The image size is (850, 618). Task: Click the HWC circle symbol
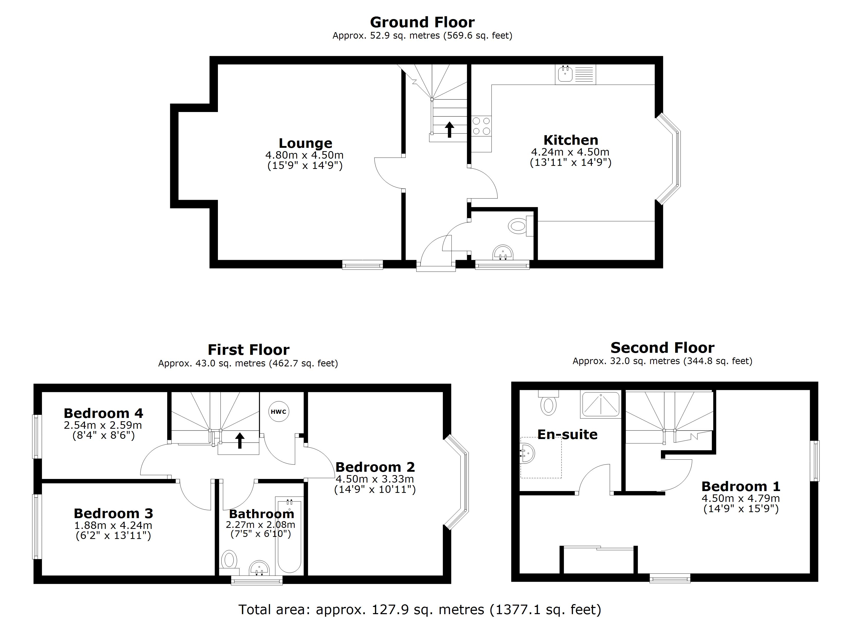(x=279, y=411)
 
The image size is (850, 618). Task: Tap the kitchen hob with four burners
(x=481, y=126)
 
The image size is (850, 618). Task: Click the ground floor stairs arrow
(x=449, y=130)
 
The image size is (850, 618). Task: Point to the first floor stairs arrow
(x=240, y=440)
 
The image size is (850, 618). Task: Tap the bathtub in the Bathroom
(x=289, y=536)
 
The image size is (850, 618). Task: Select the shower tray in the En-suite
(x=600, y=404)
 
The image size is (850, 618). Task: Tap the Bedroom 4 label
(x=104, y=413)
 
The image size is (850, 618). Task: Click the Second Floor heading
(x=662, y=348)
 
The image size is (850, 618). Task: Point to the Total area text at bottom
(x=420, y=610)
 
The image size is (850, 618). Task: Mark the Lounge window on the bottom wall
(x=362, y=265)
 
